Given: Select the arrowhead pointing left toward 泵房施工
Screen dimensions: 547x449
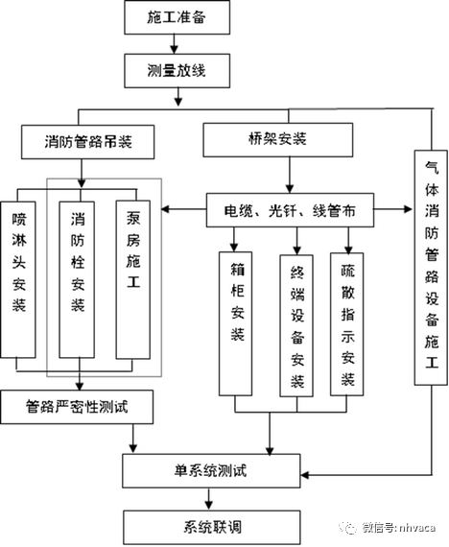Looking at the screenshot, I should pyautogui.click(x=169, y=208).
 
